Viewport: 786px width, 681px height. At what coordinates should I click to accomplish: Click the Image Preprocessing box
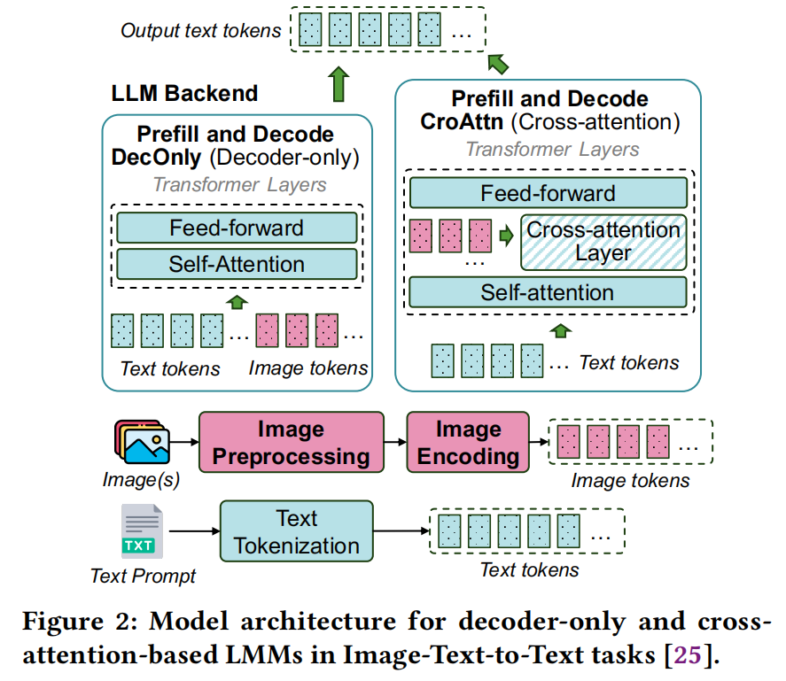[x=292, y=443]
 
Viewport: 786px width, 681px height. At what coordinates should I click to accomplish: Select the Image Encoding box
[x=468, y=443]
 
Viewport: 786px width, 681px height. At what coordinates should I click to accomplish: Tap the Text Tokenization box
[x=296, y=531]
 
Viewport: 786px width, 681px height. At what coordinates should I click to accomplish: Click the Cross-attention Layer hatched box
[x=603, y=241]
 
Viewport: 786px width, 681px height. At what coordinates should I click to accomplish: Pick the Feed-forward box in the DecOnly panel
[x=237, y=228]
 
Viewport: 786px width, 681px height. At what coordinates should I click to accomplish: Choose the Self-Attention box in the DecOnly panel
[x=237, y=263]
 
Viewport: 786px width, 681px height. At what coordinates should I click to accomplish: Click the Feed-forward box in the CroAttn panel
[x=548, y=193]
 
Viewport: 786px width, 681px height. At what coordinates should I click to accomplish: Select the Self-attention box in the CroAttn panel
[x=548, y=292]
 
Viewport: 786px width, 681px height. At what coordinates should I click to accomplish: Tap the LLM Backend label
[x=184, y=93]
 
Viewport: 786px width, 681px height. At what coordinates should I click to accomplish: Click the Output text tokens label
[x=201, y=31]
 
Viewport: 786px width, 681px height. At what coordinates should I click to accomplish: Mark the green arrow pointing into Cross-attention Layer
[x=506, y=236]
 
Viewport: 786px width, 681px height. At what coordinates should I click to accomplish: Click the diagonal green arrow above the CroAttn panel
[x=499, y=63]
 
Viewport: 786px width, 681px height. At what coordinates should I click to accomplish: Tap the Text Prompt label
[x=143, y=576]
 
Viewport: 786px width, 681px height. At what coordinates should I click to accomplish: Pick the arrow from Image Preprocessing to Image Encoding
[x=395, y=442]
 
